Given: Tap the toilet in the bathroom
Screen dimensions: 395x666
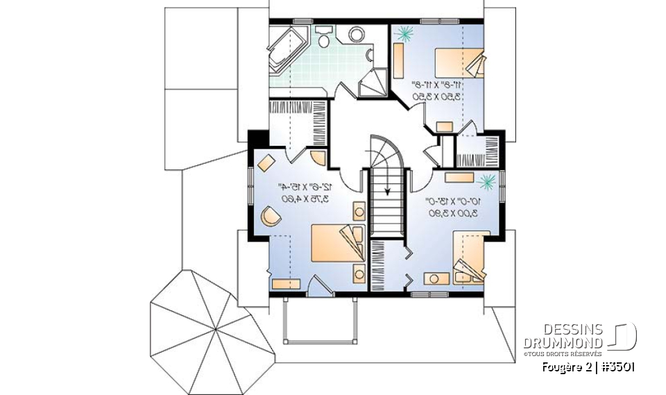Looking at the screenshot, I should pyautogui.click(x=357, y=34).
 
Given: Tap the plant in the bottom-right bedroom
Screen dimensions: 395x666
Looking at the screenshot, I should pyautogui.click(x=488, y=182).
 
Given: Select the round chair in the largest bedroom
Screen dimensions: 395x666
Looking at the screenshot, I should pyautogui.click(x=270, y=217).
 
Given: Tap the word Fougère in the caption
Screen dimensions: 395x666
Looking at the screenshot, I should pyautogui.click(x=561, y=367).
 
